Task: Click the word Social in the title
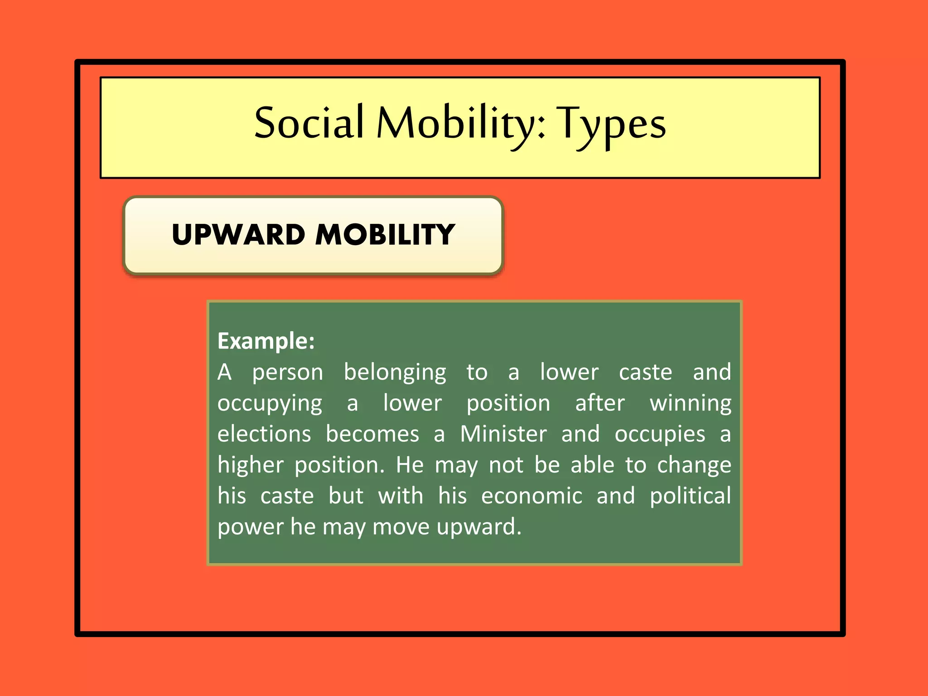309,123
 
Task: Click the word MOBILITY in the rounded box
385,235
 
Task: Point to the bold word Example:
266,341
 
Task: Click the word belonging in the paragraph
395,372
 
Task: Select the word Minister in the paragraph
503,434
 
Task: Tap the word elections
264,434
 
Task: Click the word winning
690,403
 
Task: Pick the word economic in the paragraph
532,496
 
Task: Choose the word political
690,496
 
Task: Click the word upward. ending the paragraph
479,527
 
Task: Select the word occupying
270,403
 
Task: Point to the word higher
250,465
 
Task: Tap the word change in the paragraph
694,465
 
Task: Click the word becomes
372,434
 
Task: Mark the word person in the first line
288,372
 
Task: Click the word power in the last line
250,527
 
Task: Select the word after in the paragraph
599,403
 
